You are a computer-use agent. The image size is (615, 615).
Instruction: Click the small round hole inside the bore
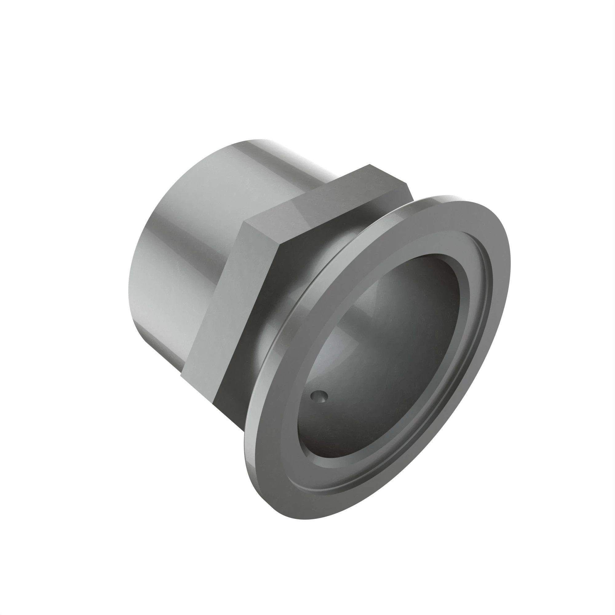[319, 396]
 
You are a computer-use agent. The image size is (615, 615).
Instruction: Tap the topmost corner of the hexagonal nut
[369, 165]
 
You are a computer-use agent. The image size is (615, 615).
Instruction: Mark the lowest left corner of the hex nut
[181, 376]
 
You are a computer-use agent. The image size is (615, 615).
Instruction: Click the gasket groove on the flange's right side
[489, 287]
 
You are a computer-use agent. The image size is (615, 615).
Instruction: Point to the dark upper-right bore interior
[430, 287]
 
